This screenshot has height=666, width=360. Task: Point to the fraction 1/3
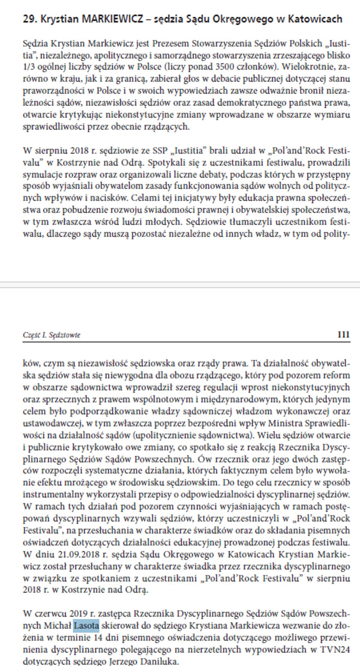coord(28,67)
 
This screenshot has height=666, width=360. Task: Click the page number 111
coord(343,334)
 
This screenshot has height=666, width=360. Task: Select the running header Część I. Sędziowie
coord(51,335)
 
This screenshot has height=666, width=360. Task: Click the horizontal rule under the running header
coord(186,342)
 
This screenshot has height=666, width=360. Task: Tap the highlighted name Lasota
coord(86,626)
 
